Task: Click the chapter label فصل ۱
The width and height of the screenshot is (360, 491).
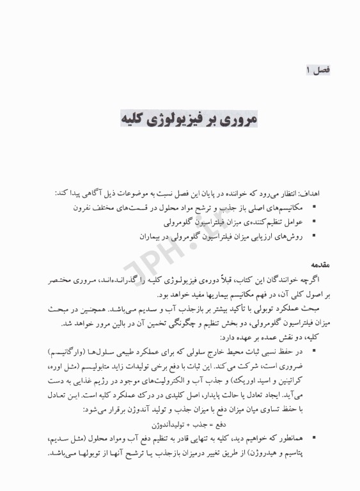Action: [317, 68]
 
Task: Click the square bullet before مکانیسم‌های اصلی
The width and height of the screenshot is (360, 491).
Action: [313, 207]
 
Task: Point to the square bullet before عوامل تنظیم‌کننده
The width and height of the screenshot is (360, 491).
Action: [313, 221]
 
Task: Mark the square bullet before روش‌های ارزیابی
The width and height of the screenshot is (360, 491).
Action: [313, 235]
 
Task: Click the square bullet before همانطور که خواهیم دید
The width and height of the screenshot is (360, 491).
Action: [313, 442]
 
